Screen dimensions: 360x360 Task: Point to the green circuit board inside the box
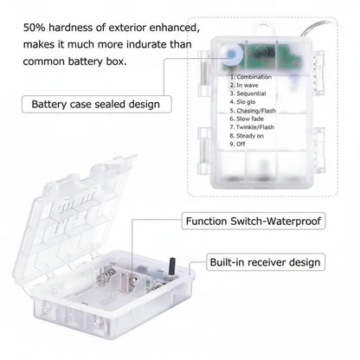[x=260, y=54]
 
